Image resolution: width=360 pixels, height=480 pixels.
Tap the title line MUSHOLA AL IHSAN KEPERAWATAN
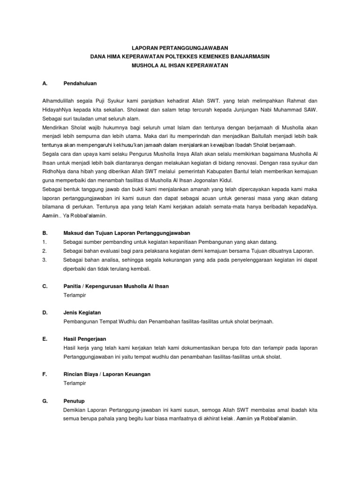(x=180, y=66)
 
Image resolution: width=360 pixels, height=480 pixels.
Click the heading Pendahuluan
(x=80, y=83)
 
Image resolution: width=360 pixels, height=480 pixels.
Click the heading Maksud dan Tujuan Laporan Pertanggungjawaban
(x=127, y=233)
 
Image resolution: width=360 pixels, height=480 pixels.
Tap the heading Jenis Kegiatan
(x=82, y=312)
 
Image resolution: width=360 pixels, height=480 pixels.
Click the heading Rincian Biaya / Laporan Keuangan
(x=107, y=374)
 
